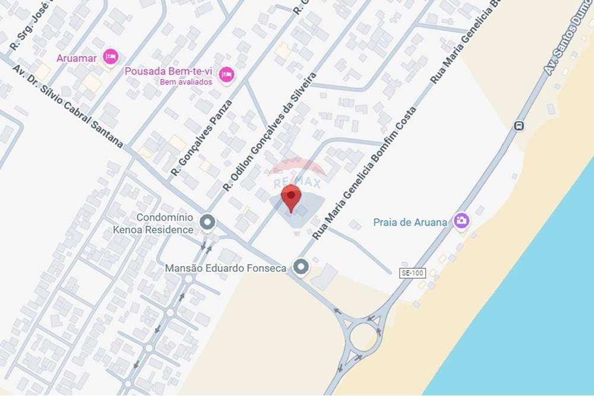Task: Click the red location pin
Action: pyautogui.click(x=290, y=197)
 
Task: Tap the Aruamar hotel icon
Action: pyautogui.click(x=110, y=57)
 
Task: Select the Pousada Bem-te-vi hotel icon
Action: pyautogui.click(x=226, y=75)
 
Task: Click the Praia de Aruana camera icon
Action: pyautogui.click(x=461, y=221)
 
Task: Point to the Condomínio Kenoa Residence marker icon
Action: pyautogui.click(x=207, y=223)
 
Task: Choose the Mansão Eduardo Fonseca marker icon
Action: pyautogui.click(x=302, y=268)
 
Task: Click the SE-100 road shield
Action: pyautogui.click(x=413, y=273)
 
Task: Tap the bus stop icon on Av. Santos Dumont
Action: pyautogui.click(x=519, y=126)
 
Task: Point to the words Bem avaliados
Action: pyautogui.click(x=186, y=82)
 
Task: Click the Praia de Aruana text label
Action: pyautogui.click(x=410, y=222)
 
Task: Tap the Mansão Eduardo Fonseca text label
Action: pyautogui.click(x=225, y=268)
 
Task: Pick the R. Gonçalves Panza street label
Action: pyautogui.click(x=201, y=137)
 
